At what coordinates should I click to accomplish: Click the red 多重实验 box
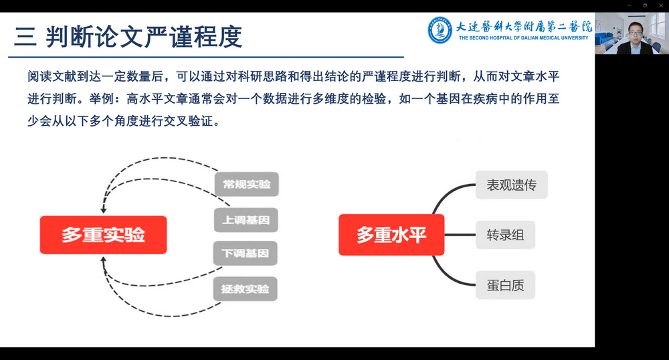point(103,235)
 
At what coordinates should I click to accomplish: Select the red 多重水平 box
point(391,235)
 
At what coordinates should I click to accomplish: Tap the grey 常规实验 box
point(247,184)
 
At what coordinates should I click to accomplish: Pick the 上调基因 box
point(246,220)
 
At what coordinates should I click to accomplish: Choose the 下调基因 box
point(246,254)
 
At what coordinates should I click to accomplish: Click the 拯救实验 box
point(246,289)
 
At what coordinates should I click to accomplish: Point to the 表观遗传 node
point(512,185)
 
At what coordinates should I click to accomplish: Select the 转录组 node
point(505,235)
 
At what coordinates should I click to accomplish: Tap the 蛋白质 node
point(505,285)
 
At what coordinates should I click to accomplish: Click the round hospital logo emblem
point(440,30)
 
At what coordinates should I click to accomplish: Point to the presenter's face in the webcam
point(636,31)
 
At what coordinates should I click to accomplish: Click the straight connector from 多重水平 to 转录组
point(460,235)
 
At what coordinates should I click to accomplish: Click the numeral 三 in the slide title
point(25,37)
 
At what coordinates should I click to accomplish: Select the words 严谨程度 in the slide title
point(193,37)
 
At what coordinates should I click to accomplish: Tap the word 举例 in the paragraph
point(101,99)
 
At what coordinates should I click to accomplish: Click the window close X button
point(661,5)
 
